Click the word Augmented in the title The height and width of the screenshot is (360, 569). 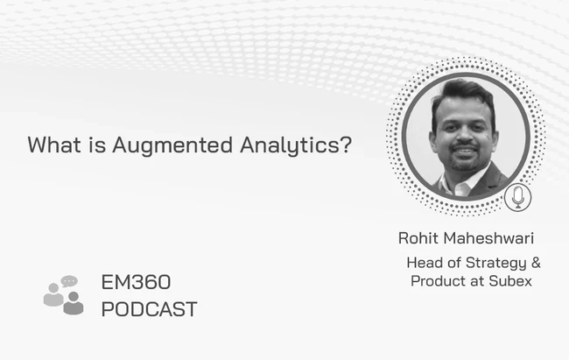pos(172,145)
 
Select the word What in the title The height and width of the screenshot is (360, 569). pos(54,145)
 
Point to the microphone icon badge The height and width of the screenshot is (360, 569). pos(518,197)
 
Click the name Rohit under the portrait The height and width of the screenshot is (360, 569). pos(418,238)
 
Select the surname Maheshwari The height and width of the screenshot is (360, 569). pos(488,238)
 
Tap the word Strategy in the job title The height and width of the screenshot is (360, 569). pos(496,263)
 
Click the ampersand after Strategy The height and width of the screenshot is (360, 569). pos(536,262)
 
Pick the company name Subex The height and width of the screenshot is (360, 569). pos(510,281)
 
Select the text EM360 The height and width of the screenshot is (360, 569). pos(136,282)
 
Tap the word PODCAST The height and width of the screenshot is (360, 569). pos(149,309)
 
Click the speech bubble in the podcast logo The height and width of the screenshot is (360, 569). pos(69,281)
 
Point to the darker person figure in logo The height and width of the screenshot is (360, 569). pos(74,303)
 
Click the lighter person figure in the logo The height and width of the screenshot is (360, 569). pos(53,294)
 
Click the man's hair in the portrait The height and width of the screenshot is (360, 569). pos(463,95)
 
